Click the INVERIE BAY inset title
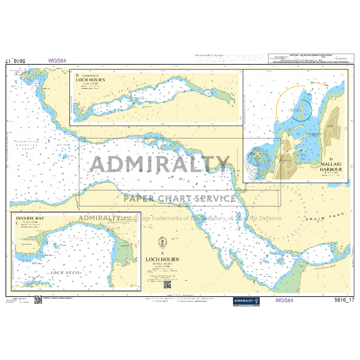(30, 219)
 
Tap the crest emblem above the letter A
(163, 241)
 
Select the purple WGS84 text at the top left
(57, 60)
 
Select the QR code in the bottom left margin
(38, 300)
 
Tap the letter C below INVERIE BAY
(18, 224)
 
